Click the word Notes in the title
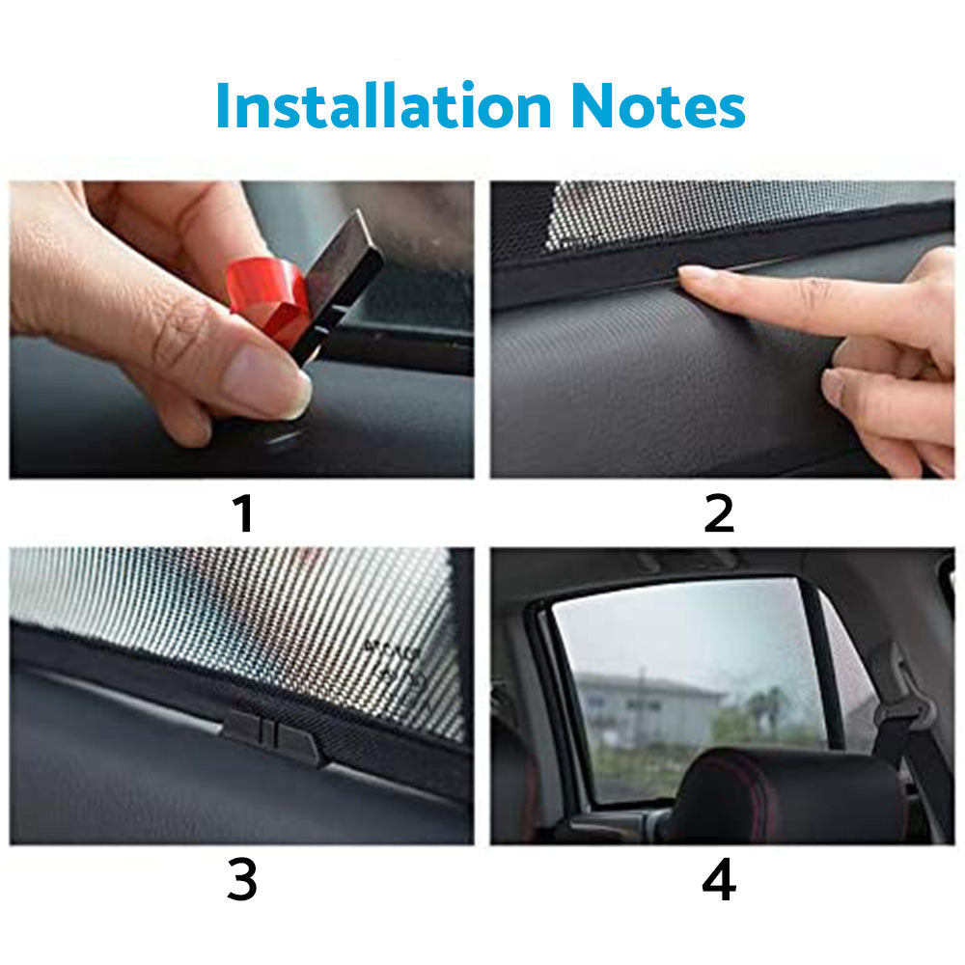pyautogui.click(x=658, y=106)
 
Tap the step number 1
pyautogui.click(x=243, y=514)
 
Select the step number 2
pyautogui.click(x=719, y=514)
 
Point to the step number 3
pyautogui.click(x=243, y=881)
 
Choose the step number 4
pyautogui.click(x=719, y=881)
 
